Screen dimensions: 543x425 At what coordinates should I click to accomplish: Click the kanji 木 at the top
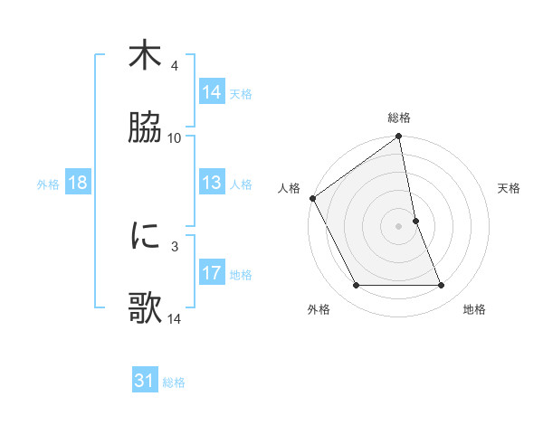pyautogui.click(x=145, y=56)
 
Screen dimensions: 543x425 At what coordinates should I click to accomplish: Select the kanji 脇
pyautogui.click(x=145, y=127)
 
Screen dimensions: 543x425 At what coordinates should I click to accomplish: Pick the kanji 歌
pyautogui.click(x=145, y=307)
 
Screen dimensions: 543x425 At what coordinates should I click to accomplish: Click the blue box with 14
pyautogui.click(x=212, y=92)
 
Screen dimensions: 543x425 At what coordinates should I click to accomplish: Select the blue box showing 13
pyautogui.click(x=212, y=183)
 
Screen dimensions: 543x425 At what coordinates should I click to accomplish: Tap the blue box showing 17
pyautogui.click(x=212, y=273)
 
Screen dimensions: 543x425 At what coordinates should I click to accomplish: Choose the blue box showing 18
pyautogui.click(x=78, y=183)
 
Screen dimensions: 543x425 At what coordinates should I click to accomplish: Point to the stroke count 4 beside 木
pyautogui.click(x=175, y=66)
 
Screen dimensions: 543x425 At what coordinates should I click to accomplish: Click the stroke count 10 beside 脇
pyautogui.click(x=175, y=138)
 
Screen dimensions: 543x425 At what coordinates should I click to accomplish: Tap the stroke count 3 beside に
pyautogui.click(x=175, y=246)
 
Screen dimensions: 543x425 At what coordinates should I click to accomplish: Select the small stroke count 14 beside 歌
pyautogui.click(x=175, y=318)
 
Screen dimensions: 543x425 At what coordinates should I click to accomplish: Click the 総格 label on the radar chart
pyautogui.click(x=399, y=118)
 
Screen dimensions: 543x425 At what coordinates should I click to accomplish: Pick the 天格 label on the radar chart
pyautogui.click(x=509, y=188)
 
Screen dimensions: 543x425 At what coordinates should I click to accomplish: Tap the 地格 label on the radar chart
pyautogui.click(x=474, y=309)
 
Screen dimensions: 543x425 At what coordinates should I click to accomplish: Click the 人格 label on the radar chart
pyautogui.click(x=290, y=188)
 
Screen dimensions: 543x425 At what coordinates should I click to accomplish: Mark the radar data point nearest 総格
pyautogui.click(x=399, y=137)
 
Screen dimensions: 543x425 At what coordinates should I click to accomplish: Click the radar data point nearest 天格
pyautogui.click(x=415, y=221)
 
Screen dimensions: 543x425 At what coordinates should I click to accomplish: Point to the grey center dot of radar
pyautogui.click(x=399, y=226)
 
